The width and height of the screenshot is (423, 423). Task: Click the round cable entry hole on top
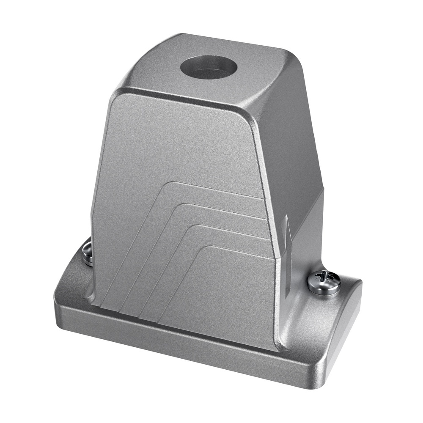[209, 68]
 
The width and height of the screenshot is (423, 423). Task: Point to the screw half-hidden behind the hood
[88, 253]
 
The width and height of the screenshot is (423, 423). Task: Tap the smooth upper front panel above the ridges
[178, 140]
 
